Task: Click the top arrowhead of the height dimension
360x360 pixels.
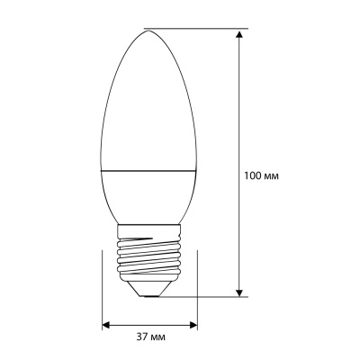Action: (238, 34)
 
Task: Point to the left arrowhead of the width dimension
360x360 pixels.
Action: (106, 323)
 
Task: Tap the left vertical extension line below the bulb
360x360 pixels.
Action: (101, 288)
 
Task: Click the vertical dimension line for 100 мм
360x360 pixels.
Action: (238, 108)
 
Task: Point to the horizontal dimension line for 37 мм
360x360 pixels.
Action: (148, 323)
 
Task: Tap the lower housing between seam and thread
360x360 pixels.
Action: (148, 193)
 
